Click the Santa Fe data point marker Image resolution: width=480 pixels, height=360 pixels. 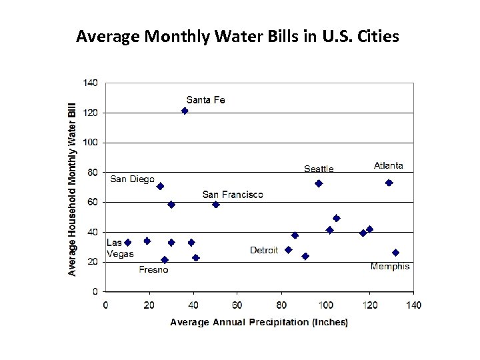pos(185,111)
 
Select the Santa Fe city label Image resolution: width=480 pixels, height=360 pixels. pos(205,100)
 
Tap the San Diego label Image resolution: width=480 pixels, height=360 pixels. pos(132,179)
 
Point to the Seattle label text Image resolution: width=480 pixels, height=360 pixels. pos(319,169)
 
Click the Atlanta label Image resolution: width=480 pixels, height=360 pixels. pos(389,166)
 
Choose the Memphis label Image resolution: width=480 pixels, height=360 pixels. pos(390,267)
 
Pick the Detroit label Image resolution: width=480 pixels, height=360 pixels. pos(264,250)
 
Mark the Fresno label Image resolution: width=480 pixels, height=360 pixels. pos(153,270)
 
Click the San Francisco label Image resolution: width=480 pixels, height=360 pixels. pos(233,195)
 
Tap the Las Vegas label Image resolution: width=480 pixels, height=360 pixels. pos(120,248)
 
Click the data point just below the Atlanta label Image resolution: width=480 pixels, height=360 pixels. pos(389,183)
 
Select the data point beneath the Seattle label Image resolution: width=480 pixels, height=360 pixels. pos(319,183)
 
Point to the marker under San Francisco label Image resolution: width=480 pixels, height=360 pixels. pos(215,205)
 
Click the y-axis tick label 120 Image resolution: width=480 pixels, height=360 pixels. pos(90,113)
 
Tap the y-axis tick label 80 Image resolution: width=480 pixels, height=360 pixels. pos(92,173)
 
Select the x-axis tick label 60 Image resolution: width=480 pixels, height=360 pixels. pos(237,305)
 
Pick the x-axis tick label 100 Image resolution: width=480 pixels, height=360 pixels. pos(325,305)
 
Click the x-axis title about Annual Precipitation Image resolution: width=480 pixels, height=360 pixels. pos(259,323)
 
